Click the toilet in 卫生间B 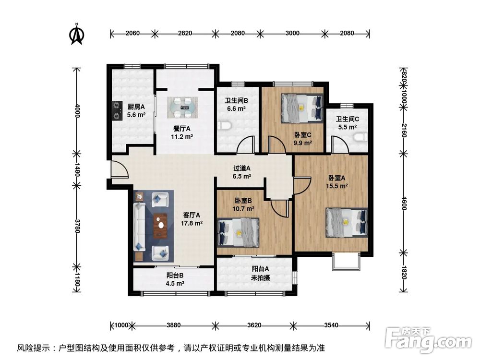click(x=225, y=126)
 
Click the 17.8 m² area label click(x=192, y=223)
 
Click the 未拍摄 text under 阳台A click(x=260, y=277)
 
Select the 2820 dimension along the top click(x=185, y=33)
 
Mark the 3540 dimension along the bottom click(x=332, y=325)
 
